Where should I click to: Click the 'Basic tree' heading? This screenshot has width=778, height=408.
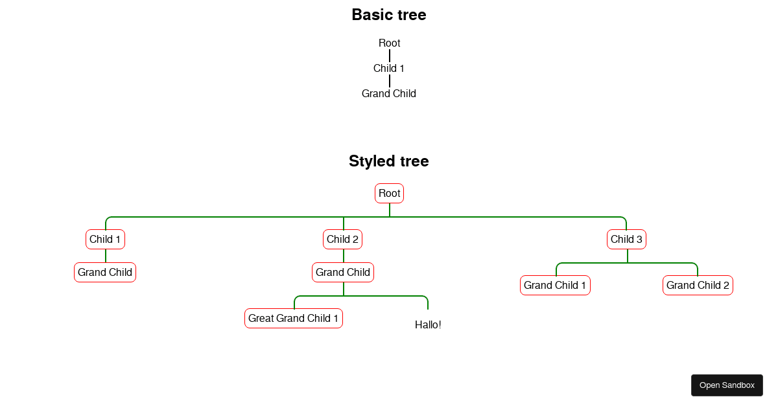389,15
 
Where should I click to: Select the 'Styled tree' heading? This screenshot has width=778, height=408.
389,161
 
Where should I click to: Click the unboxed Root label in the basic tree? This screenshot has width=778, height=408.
390,43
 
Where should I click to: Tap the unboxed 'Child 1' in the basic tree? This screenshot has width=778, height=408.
389,69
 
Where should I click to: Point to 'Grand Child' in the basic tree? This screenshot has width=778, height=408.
389,94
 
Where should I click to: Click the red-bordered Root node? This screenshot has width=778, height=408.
390,194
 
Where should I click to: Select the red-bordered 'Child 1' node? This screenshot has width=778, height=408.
105,240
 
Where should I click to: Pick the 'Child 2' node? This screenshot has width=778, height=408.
343,240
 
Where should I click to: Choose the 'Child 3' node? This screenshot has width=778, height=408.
627,240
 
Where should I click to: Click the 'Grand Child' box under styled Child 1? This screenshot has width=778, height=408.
105,273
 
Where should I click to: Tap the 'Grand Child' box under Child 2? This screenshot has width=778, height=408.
343,273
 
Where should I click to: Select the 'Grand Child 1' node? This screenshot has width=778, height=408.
555,286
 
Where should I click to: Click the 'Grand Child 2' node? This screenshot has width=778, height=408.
698,286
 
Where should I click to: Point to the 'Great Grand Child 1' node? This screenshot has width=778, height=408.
294,319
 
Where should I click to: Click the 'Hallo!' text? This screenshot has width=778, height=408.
428,325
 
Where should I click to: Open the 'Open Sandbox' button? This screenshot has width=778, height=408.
727,385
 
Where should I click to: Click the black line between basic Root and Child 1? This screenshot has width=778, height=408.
390,56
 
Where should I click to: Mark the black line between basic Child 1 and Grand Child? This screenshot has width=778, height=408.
390,81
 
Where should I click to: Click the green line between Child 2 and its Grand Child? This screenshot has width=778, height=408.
344,256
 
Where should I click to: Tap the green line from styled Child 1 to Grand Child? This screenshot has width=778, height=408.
106,256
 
